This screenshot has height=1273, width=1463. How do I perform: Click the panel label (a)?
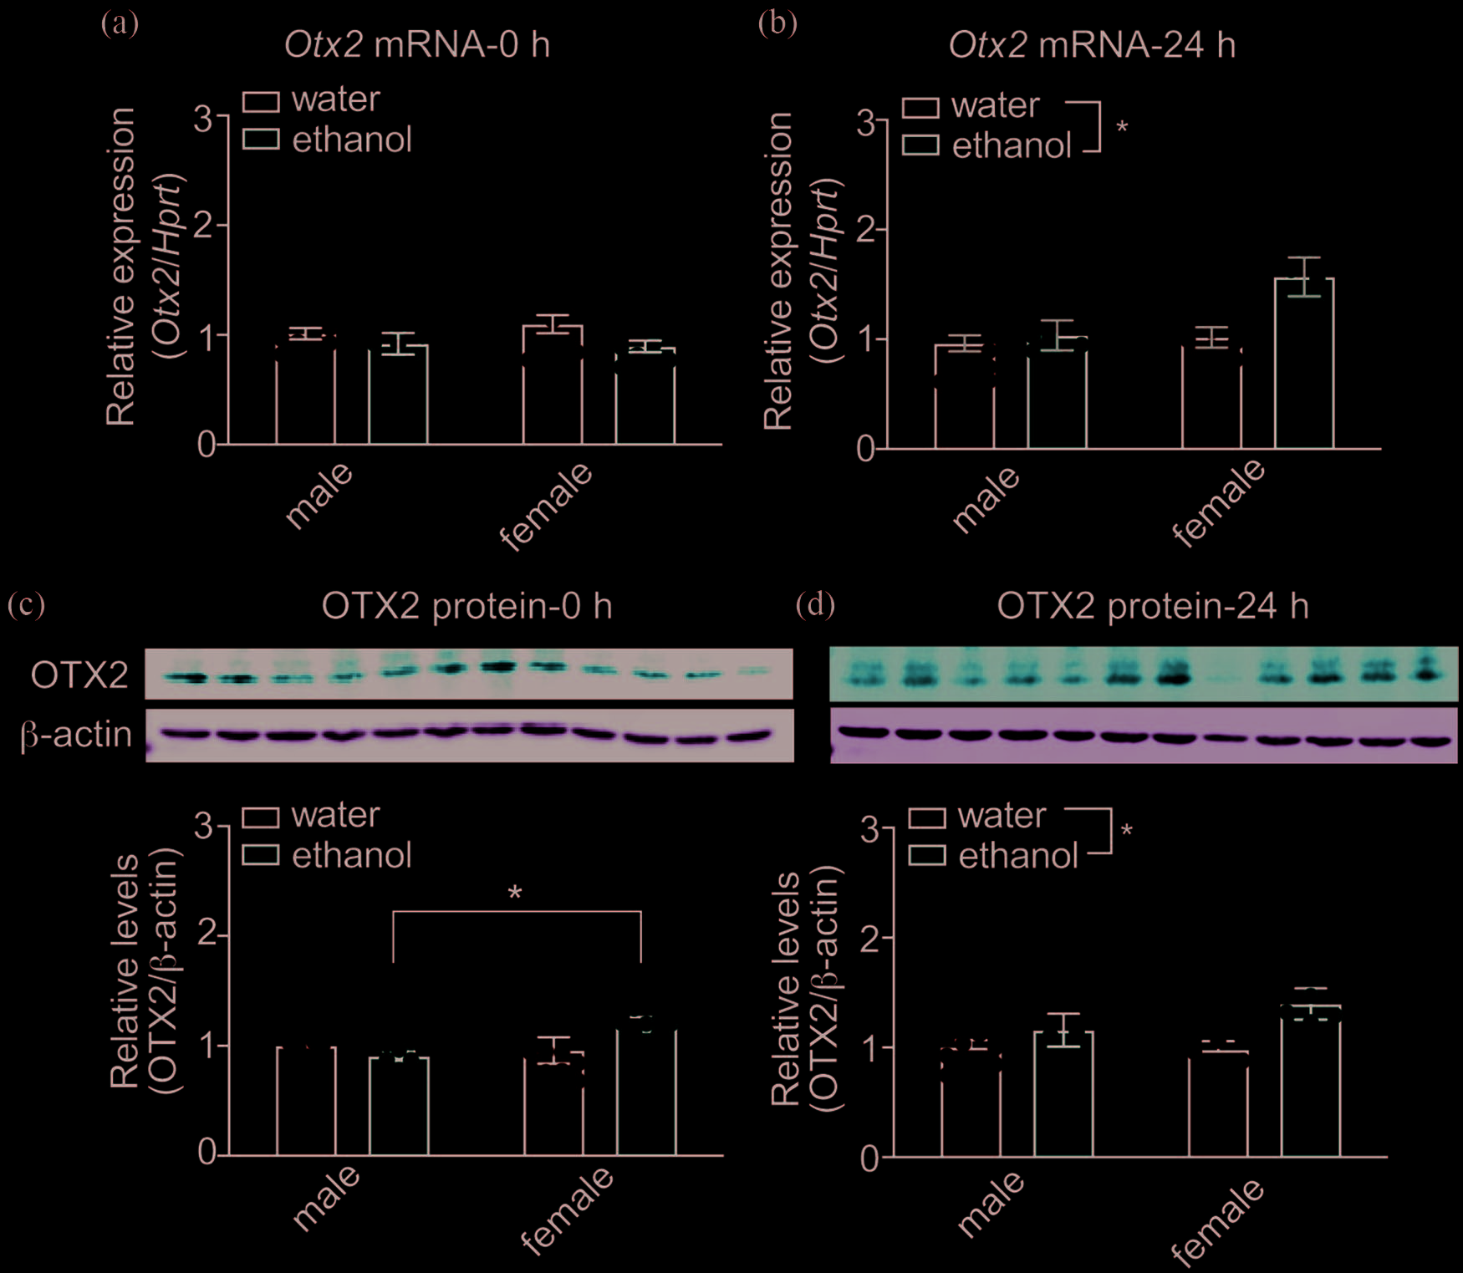point(120,23)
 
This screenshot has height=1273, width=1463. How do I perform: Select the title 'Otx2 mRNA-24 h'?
point(1091,45)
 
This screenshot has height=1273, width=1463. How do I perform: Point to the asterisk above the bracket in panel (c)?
point(515,894)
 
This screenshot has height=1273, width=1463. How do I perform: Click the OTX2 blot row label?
point(79,675)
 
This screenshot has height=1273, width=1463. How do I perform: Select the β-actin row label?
point(76,735)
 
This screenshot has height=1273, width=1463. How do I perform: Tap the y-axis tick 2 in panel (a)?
point(205,226)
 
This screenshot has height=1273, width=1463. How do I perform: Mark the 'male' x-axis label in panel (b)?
point(986,499)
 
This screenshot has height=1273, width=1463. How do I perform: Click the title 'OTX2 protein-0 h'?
point(466,606)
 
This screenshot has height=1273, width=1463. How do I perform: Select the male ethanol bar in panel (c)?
point(399,1107)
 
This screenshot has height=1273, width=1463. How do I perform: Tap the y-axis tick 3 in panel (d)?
point(869,830)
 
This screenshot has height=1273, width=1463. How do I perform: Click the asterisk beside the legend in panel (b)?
point(1122,128)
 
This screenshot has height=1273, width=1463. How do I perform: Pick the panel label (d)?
point(815,603)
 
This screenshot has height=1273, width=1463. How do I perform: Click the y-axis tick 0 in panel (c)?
point(206,1153)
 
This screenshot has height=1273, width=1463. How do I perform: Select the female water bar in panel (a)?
point(553,384)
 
